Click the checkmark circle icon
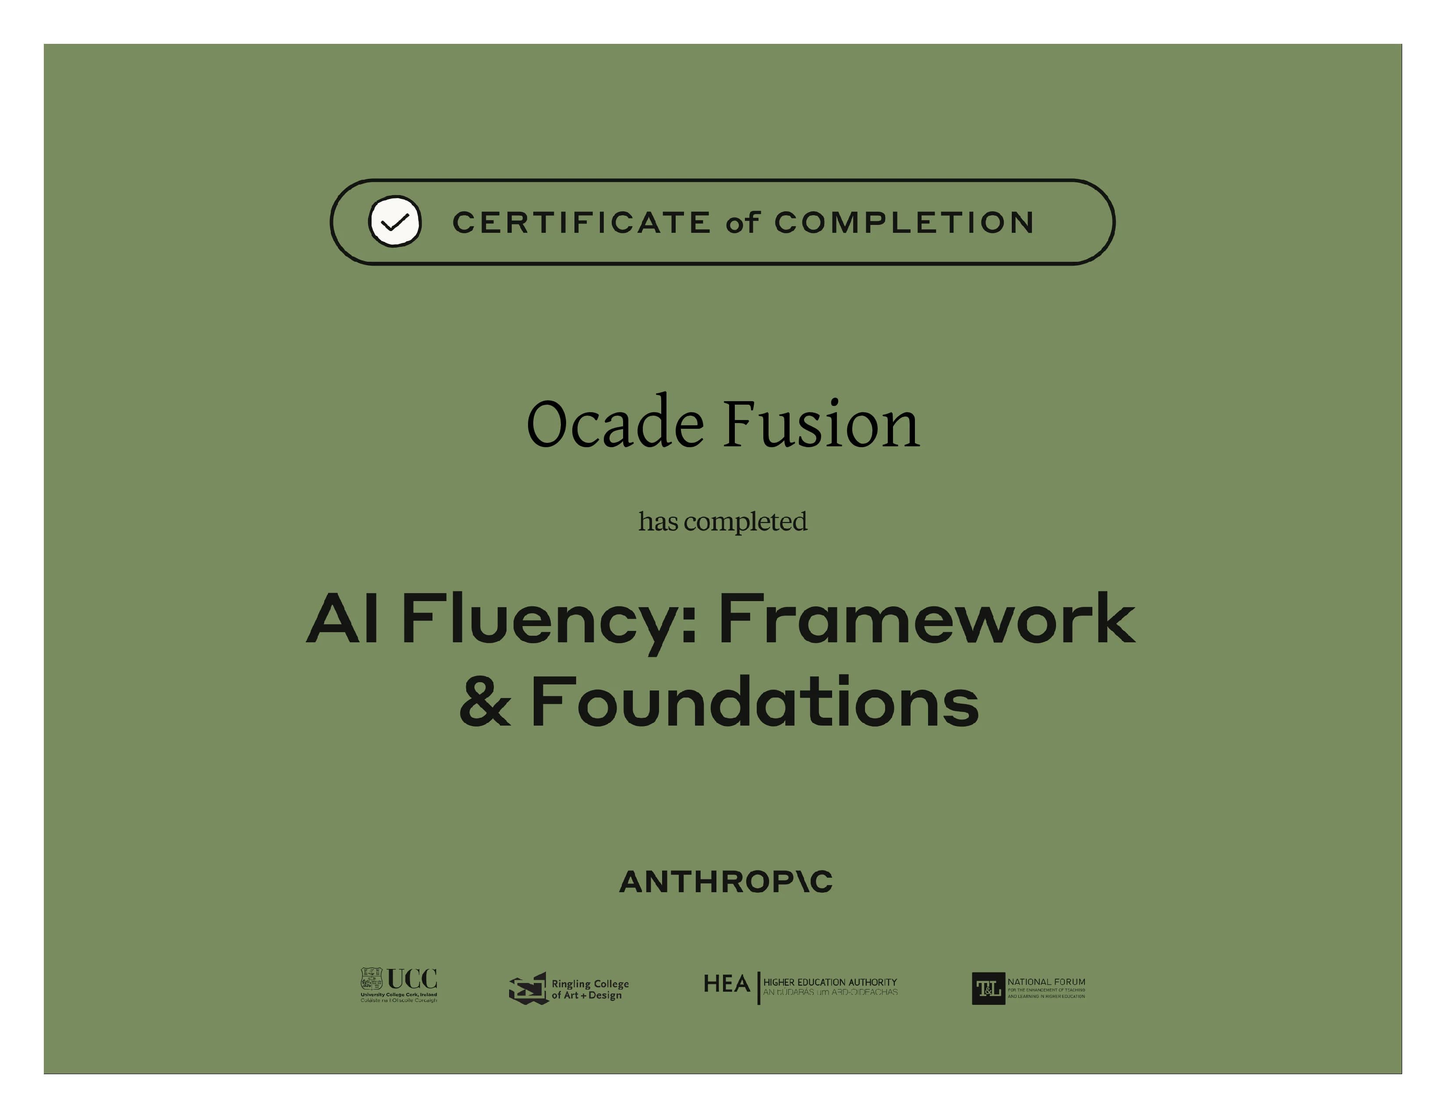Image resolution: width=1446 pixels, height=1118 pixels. click(x=395, y=221)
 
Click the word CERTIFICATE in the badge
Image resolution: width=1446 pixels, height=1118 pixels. click(x=581, y=223)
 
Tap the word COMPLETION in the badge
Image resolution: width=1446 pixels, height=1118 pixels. click(x=904, y=223)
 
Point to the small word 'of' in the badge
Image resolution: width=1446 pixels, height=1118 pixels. click(x=741, y=223)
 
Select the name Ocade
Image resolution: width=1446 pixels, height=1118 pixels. click(x=614, y=424)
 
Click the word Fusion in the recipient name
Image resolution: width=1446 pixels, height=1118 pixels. click(x=821, y=424)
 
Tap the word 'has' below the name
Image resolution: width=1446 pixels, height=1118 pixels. click(x=658, y=522)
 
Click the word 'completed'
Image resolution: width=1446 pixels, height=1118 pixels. click(x=745, y=522)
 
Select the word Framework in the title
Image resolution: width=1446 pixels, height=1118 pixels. click(x=926, y=619)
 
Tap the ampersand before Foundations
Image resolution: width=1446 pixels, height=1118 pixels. click(x=486, y=702)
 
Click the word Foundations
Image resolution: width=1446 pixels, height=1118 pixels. click(x=755, y=702)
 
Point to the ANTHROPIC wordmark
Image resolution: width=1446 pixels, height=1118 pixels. click(x=726, y=882)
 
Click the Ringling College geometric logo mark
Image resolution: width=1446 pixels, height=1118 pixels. click(x=528, y=989)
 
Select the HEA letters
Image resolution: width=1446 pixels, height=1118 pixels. click(x=727, y=984)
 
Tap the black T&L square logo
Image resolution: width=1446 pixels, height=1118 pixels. click(x=988, y=989)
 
